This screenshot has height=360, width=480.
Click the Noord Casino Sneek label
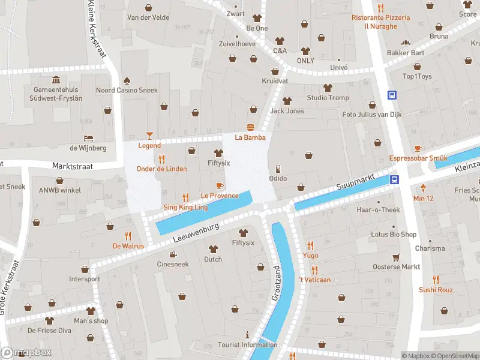[127, 91]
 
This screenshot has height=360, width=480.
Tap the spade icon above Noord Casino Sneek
[127, 80]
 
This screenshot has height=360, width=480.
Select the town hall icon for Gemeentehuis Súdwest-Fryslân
[56, 80]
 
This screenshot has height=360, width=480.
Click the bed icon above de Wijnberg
[88, 137]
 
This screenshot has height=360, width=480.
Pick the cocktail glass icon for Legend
[149, 136]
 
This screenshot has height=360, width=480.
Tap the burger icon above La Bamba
[250, 127]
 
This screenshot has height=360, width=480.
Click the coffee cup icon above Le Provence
[219, 185]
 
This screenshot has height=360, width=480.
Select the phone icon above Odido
[277, 169]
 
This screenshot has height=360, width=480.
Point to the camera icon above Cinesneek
[172, 254]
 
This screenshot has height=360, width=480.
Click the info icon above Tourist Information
[247, 334]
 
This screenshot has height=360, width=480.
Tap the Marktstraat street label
[73, 166]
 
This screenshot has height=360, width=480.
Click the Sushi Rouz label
[436, 290]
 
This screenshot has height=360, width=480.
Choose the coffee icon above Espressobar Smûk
[418, 148]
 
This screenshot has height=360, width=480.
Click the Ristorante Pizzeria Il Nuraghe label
[380, 22]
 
